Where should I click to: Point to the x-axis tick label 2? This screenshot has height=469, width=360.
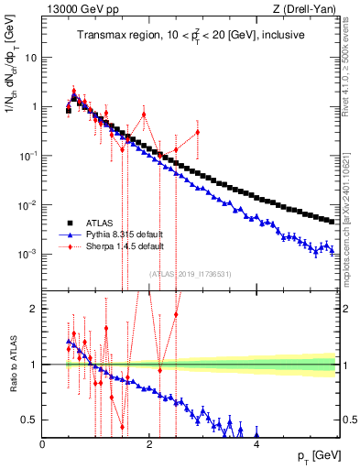149,445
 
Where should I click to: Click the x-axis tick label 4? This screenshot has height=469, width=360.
256,445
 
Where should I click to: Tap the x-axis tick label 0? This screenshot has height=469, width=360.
43,445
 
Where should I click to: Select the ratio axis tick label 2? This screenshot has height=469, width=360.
35,309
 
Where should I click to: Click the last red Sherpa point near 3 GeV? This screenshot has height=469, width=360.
198,132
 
